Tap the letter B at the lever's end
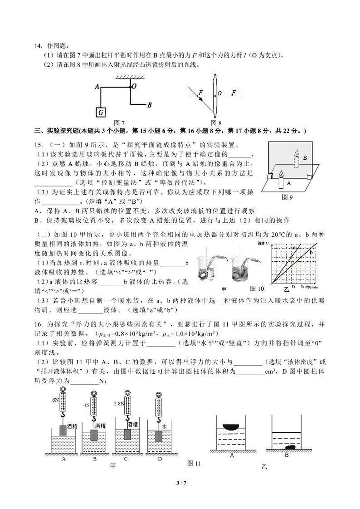[149, 105]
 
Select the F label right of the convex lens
[234, 93]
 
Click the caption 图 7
[119, 123]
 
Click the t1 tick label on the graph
[293, 287]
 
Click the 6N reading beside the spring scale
[55, 400]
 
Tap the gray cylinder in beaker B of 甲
[94, 435]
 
